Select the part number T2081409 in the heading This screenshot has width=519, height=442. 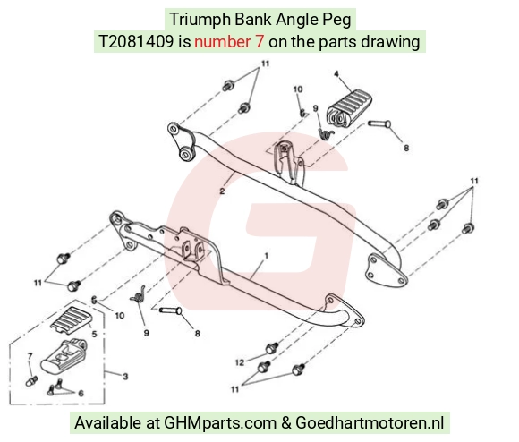coord(136,42)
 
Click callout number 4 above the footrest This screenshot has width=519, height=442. coord(336,74)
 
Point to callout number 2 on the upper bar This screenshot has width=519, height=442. coord(222,191)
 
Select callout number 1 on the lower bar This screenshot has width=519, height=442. coord(266,256)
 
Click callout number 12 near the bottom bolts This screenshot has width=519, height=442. coord(240,362)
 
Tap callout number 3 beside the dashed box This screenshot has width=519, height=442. coord(125,376)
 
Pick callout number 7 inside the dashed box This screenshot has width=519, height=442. coord(30,356)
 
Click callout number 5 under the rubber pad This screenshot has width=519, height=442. coord(94,334)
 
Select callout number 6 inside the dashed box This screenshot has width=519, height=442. coord(81,393)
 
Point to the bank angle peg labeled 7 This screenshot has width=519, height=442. coord(31,381)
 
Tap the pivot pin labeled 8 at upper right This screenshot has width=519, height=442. coord(379,124)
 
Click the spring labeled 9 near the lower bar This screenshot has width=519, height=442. coord(139,294)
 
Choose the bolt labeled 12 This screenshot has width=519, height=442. coord(272,348)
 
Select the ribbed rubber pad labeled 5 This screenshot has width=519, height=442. coord(72,318)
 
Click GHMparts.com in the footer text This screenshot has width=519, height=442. coord(220,423)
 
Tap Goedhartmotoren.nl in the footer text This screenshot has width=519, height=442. coord(370,423)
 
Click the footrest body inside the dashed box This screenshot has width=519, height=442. coord(64,355)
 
